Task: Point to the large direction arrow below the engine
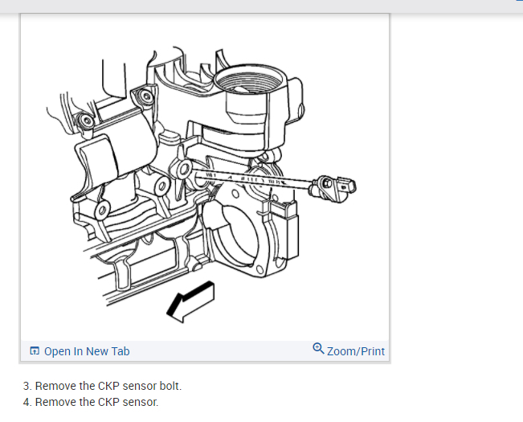coord(190,301)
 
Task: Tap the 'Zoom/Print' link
coord(355,351)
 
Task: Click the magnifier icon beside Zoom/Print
coord(318,350)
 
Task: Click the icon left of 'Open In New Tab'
coord(35,351)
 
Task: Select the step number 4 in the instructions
coord(27,402)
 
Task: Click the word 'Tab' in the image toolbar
coord(120,351)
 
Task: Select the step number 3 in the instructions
coord(27,386)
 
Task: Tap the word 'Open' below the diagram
coord(57,351)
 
